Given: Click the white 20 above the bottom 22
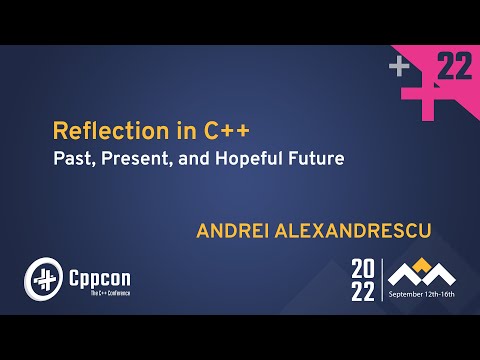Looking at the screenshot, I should pos(363,268).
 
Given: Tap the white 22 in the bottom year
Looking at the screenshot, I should pos(363,290).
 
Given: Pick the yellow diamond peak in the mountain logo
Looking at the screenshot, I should pos(421,263).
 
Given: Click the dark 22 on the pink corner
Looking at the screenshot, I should pos(455,68).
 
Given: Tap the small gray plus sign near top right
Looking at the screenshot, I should pos(401,67).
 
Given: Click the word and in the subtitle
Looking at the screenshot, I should pos(194,158).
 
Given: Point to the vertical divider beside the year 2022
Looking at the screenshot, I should pos(382,279).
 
